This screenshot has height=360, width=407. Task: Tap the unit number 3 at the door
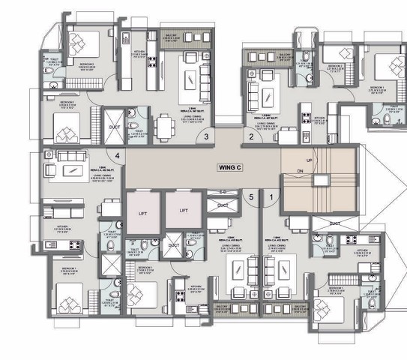click(206, 136)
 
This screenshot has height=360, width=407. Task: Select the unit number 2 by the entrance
click(251, 136)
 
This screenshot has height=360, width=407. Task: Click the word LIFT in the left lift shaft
click(142, 211)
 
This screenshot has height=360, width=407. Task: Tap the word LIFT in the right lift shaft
click(183, 211)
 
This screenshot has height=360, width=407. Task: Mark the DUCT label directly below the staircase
click(334, 223)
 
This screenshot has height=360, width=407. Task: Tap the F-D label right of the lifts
click(223, 193)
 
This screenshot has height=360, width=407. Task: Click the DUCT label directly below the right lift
click(174, 244)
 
